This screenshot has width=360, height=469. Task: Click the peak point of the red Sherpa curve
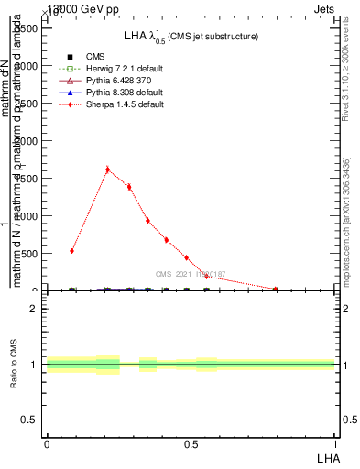click(107, 169)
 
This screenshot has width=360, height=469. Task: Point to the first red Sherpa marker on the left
click(72, 250)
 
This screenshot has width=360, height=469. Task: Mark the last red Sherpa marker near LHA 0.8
click(276, 289)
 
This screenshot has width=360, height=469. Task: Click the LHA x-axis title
click(327, 457)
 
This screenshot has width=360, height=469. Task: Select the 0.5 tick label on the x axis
click(191, 444)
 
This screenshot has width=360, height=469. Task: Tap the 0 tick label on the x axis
click(47, 444)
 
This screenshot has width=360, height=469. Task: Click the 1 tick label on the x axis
click(335, 444)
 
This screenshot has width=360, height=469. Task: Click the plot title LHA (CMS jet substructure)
click(191, 36)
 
